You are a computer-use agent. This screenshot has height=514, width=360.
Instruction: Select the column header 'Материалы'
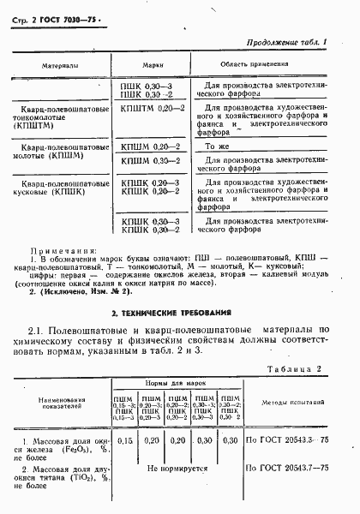point(59,65)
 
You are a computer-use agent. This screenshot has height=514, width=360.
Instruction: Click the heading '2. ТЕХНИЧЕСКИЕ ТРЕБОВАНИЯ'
point(179,313)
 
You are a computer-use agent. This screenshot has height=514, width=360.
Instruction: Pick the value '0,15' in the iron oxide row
point(125,440)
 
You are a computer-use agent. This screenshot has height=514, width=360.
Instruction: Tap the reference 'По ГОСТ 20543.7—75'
point(288,469)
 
